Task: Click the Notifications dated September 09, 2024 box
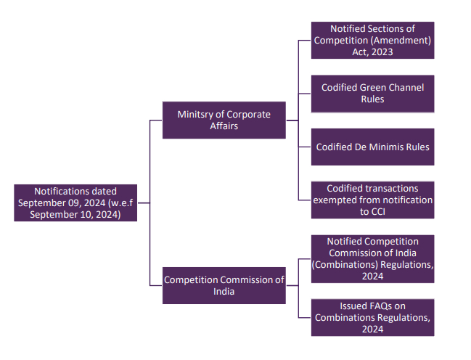coord(75,202)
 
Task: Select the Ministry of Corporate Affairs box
coord(224,120)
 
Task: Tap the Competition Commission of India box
coord(224,285)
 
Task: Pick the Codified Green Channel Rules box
coord(372,93)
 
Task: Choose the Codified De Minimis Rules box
coord(372,147)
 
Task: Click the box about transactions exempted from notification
coord(372,200)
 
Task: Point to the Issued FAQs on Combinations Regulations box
coord(372,317)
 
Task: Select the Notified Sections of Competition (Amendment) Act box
coord(372,40)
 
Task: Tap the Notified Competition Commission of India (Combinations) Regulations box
coord(372,259)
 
